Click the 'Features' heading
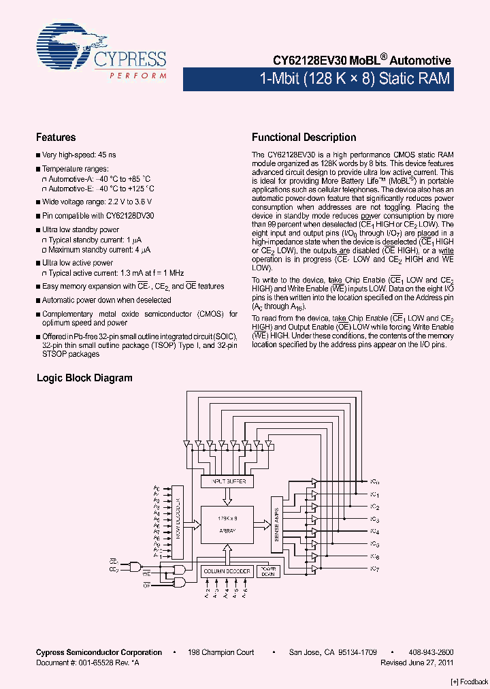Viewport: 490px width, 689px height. [x=56, y=137]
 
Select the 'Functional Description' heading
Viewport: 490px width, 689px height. [x=304, y=137]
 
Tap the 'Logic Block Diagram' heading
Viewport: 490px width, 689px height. [x=84, y=378]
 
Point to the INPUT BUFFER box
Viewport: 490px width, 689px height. [x=227, y=481]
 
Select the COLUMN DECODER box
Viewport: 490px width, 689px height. [x=227, y=571]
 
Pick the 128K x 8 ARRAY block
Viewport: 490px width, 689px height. [x=227, y=525]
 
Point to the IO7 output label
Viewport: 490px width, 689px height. [x=374, y=568]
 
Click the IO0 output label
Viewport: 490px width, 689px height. [x=374, y=481]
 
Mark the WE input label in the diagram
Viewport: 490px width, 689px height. [x=146, y=574]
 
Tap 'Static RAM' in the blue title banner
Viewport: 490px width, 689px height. [x=414, y=79]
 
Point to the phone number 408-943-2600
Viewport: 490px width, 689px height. [x=432, y=652]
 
